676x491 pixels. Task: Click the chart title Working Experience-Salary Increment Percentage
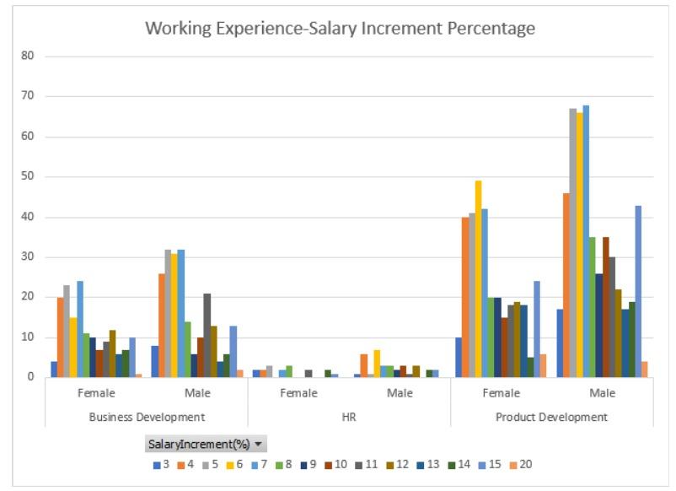coord(340,29)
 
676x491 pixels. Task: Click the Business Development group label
coord(147,417)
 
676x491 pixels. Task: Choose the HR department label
coord(349,417)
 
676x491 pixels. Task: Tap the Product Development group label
coord(552,417)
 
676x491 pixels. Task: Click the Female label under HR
coord(298,393)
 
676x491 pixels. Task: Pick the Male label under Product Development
coord(603,393)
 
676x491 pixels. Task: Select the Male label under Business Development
coord(197,393)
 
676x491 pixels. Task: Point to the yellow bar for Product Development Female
coord(478,279)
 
